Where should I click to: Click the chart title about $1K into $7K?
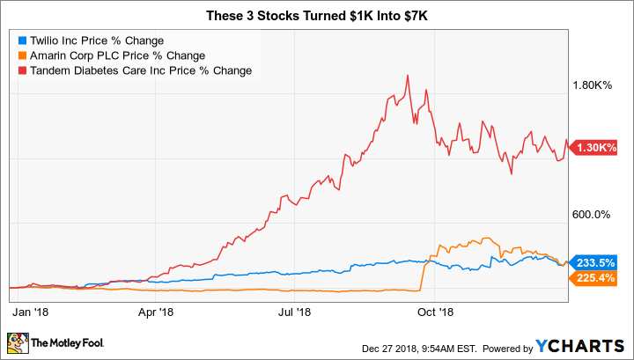point(317,16)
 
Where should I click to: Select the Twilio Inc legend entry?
point(91,40)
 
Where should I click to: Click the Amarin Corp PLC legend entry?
point(112,55)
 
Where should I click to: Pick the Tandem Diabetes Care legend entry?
point(135,70)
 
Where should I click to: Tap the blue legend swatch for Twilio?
point(23,40)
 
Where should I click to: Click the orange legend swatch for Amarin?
point(23,55)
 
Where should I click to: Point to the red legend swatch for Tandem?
point(23,70)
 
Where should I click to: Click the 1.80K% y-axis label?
point(592,85)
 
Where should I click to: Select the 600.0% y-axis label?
point(591,215)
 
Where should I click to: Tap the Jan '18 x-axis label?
point(30,312)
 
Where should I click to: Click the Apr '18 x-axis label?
point(156,312)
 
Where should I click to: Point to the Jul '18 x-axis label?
point(295,312)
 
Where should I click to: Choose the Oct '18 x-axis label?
point(435,312)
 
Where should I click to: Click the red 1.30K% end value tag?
point(593,148)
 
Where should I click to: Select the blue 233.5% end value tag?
point(593,263)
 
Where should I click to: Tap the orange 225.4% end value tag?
point(593,278)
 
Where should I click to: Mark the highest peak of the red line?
point(408,76)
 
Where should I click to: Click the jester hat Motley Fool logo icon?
point(18,343)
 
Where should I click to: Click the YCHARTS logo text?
point(579,347)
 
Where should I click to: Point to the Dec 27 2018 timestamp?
point(419,349)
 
